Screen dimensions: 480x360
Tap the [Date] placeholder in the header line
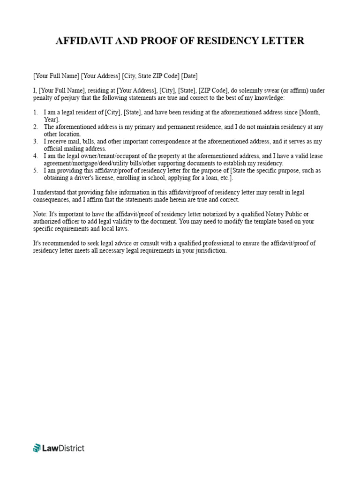tap(189, 75)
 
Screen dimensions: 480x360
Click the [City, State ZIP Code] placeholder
tap(150, 75)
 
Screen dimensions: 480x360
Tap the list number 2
tap(35, 127)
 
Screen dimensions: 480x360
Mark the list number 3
tap(35, 142)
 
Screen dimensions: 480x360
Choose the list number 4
tap(35, 156)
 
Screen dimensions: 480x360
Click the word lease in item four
tap(315, 156)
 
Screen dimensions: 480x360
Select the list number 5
tap(35, 171)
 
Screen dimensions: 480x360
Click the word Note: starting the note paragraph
tap(41, 214)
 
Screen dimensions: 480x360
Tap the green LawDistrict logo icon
tap(37, 448)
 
